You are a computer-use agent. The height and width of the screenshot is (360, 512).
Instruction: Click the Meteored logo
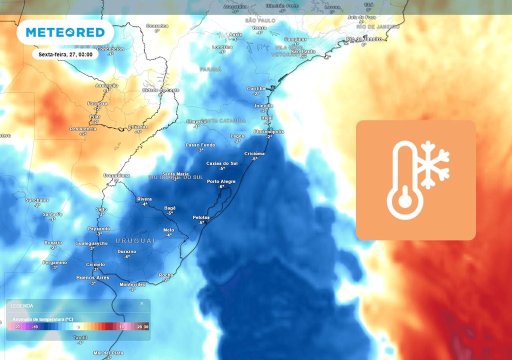coord(65,32)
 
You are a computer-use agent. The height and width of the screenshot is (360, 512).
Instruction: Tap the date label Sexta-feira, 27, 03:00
coord(65,54)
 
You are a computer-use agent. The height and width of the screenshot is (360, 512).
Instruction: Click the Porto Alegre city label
coord(220,181)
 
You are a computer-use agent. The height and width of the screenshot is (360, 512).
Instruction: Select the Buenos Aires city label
coord(92,277)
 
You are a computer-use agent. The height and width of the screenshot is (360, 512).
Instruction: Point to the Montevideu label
coord(132,284)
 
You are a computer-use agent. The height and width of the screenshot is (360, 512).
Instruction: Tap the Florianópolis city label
coord(268,131)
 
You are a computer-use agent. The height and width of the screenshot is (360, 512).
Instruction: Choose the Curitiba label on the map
coord(256,88)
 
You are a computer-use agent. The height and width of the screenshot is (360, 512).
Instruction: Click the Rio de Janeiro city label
coord(364,39)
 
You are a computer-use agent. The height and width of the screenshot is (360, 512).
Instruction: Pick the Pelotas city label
coord(201,217)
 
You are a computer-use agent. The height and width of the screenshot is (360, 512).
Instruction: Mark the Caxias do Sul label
coord(222,163)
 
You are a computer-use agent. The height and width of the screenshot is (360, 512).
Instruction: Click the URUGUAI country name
coord(135,240)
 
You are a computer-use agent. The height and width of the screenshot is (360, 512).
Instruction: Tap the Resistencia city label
coord(82,128)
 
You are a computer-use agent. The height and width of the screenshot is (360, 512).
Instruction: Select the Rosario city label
coord(53,242)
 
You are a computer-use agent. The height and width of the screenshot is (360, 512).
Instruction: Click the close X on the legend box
coord(141,303)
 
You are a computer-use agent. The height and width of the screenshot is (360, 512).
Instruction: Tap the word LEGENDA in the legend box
coord(22,305)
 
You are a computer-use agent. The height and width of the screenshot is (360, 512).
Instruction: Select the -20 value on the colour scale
coord(15,326)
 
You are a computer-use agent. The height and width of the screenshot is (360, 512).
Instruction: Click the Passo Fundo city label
coord(200,145)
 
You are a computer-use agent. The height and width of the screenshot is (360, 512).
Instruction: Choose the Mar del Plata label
coord(108,353)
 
